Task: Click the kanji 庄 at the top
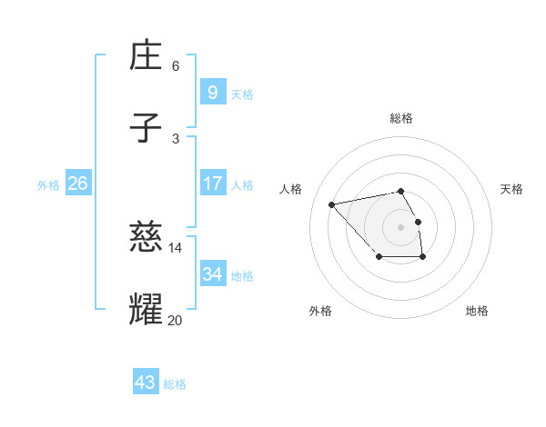click(147, 56)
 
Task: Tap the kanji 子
click(147, 128)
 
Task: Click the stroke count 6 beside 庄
click(176, 65)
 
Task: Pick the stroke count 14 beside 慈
click(176, 247)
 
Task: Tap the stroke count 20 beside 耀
click(176, 319)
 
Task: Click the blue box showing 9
click(212, 93)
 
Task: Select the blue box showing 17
click(212, 184)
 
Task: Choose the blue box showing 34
click(212, 274)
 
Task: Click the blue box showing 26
click(77, 184)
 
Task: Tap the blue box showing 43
click(145, 382)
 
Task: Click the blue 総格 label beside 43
click(175, 384)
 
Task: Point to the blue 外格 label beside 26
click(48, 185)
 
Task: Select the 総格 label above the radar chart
click(401, 118)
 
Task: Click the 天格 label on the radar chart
click(511, 189)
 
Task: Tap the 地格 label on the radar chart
click(477, 311)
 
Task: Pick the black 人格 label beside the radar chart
click(291, 189)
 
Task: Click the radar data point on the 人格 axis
click(332, 204)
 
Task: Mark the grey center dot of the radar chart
click(400, 226)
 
